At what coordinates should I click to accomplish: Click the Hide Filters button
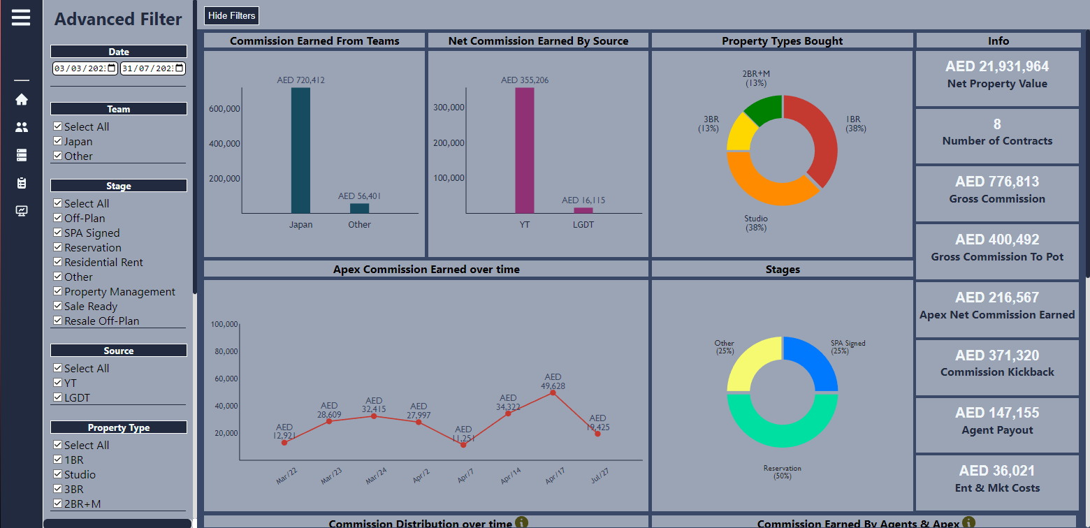point(231,15)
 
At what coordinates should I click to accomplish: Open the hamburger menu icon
point(21,17)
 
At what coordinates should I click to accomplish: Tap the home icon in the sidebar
point(22,99)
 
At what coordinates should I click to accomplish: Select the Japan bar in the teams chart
point(300,150)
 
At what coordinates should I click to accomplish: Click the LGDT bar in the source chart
point(583,210)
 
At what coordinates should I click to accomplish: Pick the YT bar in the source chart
point(525,150)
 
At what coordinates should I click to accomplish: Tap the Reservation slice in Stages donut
point(783,430)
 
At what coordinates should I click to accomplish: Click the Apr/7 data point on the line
point(463,445)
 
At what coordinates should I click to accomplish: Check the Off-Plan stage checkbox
point(58,218)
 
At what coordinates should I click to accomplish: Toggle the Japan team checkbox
point(58,141)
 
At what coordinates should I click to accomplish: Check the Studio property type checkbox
point(58,474)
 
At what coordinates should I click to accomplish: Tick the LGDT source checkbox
point(58,397)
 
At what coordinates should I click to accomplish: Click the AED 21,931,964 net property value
point(997,67)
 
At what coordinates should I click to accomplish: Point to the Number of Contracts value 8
point(997,124)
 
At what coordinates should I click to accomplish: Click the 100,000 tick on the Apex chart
point(224,324)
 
